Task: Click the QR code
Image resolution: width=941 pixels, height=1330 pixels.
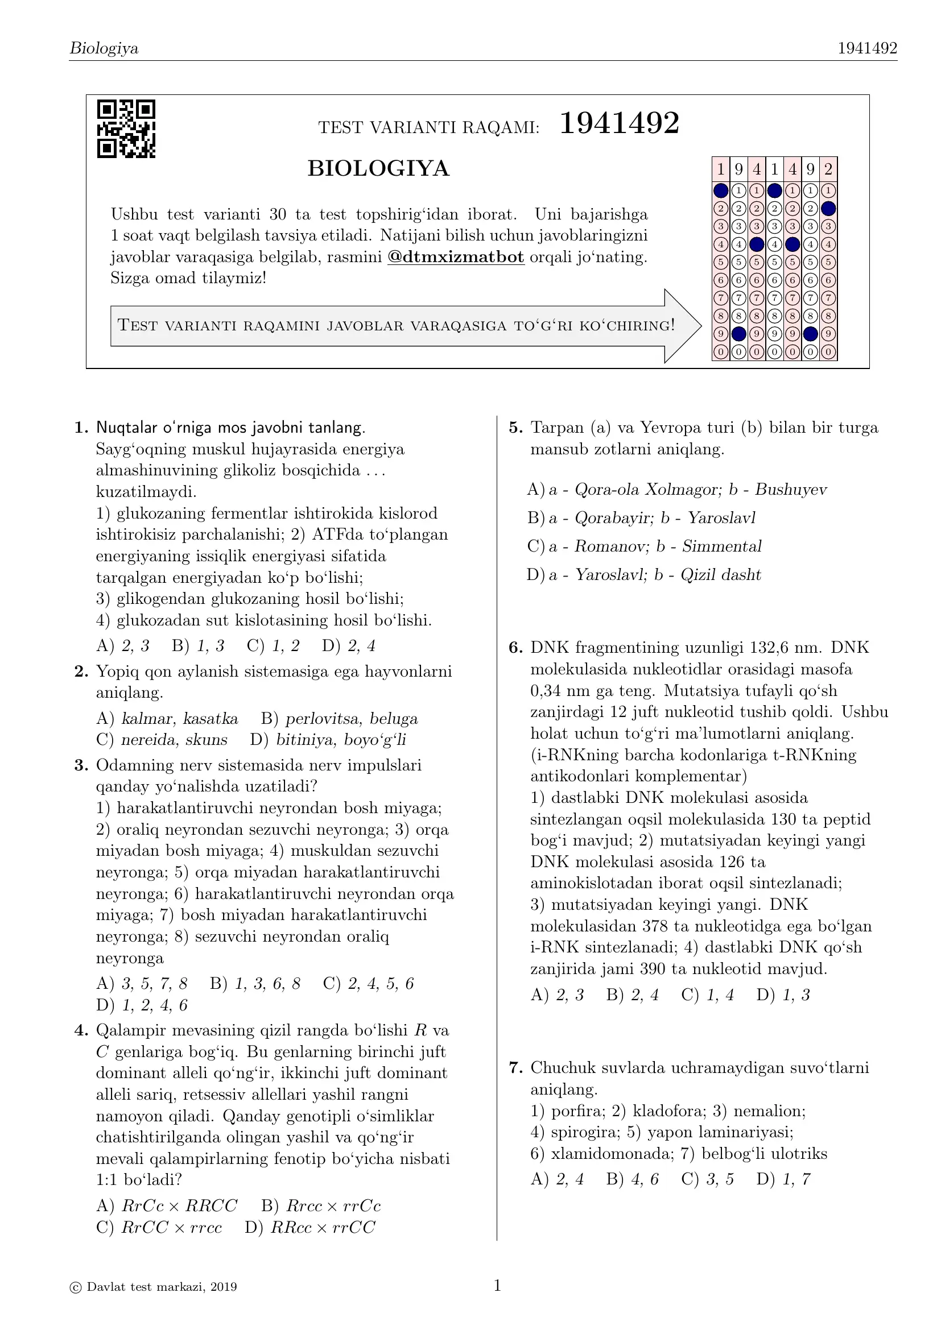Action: point(126,129)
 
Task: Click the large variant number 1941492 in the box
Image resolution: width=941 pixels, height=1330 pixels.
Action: point(619,123)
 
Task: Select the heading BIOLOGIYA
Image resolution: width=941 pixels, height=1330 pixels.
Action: point(378,168)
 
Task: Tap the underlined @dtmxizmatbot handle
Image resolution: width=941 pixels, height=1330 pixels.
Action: point(456,257)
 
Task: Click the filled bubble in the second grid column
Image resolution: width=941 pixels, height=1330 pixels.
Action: point(738,334)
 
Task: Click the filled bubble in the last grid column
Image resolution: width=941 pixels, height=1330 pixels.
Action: point(828,209)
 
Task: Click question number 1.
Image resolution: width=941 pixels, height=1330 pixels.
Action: point(81,428)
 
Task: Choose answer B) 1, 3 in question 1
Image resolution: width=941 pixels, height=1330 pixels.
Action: point(197,646)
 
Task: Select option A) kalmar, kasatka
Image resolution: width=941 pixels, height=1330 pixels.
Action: point(167,719)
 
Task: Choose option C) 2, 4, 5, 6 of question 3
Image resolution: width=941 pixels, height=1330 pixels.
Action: point(369,984)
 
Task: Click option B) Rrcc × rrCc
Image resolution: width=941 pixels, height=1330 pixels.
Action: point(321,1206)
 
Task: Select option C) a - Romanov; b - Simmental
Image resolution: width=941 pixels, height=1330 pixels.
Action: point(645,546)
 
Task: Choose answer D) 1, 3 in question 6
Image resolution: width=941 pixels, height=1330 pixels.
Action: point(783,995)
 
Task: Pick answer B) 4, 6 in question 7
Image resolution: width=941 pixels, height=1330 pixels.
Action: point(632,1179)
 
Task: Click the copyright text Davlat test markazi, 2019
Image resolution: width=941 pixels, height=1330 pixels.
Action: point(154,1287)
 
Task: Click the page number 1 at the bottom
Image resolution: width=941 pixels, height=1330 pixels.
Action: point(497,1286)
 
